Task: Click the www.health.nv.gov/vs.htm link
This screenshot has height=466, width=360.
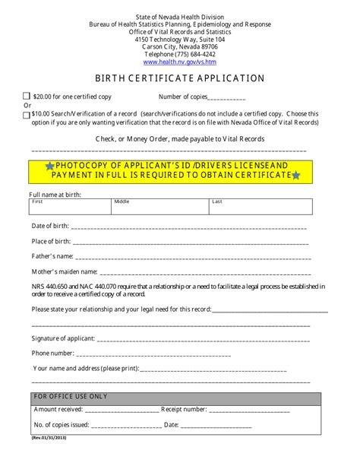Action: (179, 62)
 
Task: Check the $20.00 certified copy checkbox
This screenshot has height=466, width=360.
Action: (27, 97)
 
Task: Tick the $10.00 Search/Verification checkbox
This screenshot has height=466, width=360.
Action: (27, 115)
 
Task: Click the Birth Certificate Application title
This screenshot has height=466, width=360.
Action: (179, 78)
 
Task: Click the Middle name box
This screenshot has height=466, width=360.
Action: (159, 206)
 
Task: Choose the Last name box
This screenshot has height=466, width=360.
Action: (259, 206)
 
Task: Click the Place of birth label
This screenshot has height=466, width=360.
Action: (52, 241)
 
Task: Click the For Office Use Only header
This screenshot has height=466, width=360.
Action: (71, 397)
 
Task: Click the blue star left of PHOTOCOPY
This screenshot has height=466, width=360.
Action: (49, 166)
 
